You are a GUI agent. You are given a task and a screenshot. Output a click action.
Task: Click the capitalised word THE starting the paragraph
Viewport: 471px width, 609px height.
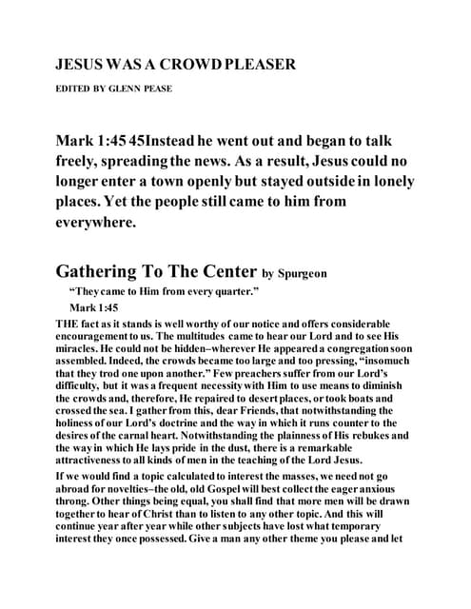pyautogui.click(x=70, y=324)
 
